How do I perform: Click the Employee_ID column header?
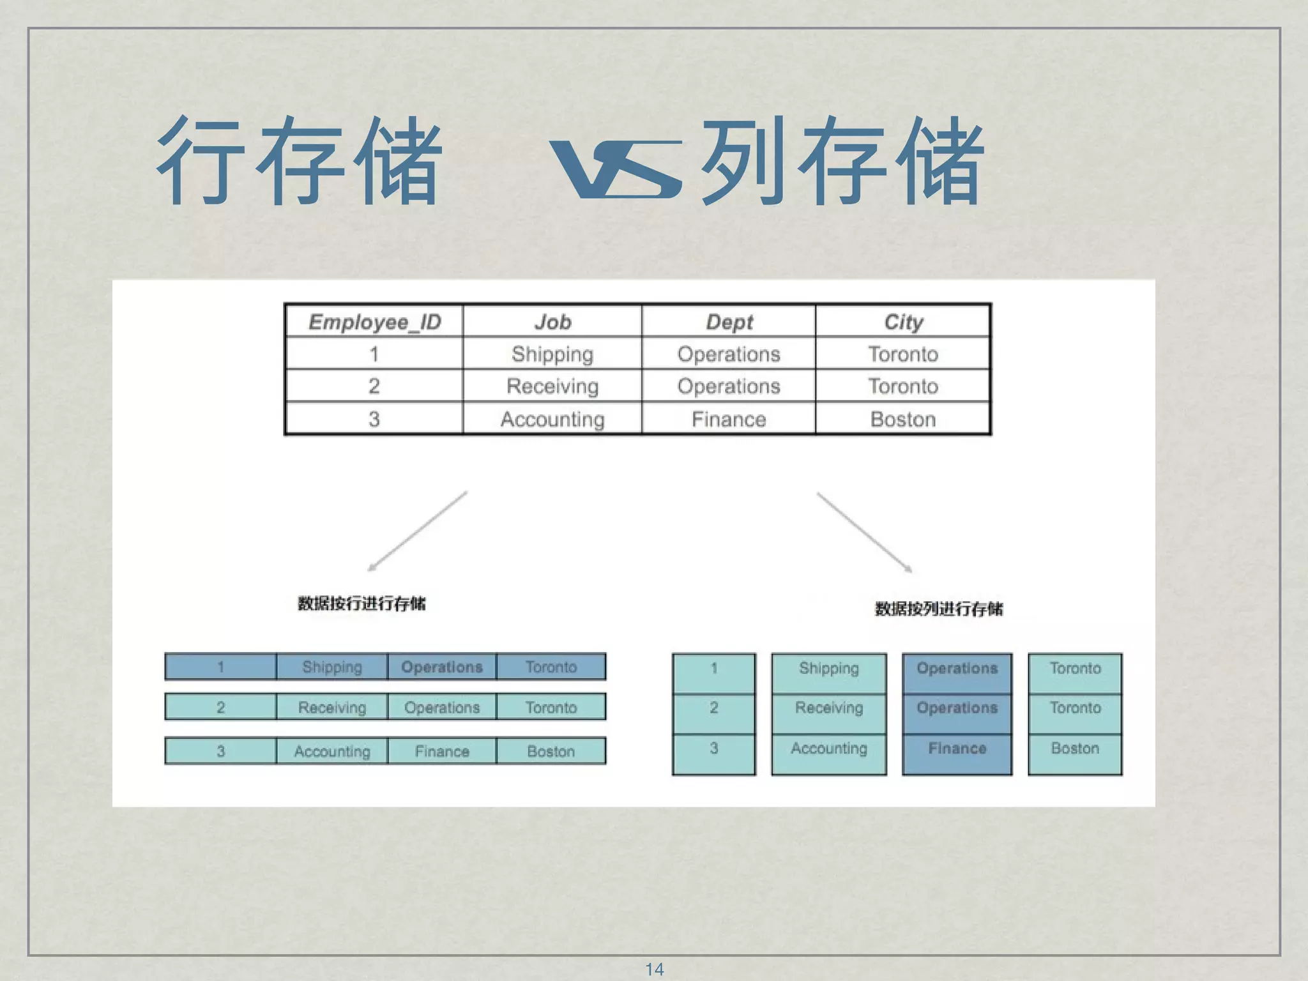click(x=375, y=322)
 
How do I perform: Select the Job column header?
click(x=552, y=322)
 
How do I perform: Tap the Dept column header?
click(x=729, y=322)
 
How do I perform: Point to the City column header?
click(x=903, y=322)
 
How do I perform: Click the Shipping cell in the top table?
click(x=552, y=354)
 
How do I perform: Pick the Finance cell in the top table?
click(x=729, y=419)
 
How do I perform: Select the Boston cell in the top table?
click(x=903, y=419)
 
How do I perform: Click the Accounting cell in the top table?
click(x=552, y=419)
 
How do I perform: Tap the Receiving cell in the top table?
click(x=552, y=386)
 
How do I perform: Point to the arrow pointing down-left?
click(x=418, y=531)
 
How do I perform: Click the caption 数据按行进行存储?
click(x=361, y=604)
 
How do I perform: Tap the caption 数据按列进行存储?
click(x=938, y=609)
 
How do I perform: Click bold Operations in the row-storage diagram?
click(x=442, y=667)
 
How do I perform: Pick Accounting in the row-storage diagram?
click(x=332, y=751)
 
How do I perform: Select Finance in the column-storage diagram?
click(x=957, y=748)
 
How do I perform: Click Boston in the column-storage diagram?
click(x=1075, y=748)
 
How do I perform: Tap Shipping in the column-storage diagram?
click(x=829, y=668)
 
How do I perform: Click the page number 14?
click(x=654, y=969)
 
